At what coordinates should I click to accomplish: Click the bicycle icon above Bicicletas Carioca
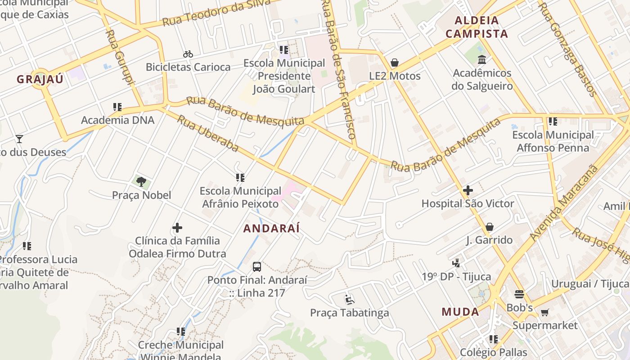point(188,54)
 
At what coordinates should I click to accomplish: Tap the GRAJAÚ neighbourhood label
point(40,79)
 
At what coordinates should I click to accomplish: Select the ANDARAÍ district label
point(271,228)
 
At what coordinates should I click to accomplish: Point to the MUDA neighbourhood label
point(460,311)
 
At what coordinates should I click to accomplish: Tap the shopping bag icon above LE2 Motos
point(395,63)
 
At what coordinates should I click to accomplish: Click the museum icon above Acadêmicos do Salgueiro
point(482,59)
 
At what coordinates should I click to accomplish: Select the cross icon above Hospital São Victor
point(468,190)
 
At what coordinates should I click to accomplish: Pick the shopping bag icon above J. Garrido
point(489,227)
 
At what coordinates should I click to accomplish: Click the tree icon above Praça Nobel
point(141,182)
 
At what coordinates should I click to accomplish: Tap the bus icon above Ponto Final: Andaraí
point(257,267)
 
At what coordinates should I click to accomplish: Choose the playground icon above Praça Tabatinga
point(350,299)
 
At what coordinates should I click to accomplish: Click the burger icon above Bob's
point(520,295)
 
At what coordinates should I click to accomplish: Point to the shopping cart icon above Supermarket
point(545,312)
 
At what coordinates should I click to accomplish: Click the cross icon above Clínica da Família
point(177,228)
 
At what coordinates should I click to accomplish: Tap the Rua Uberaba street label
point(207,133)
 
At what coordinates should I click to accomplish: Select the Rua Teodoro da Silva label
point(216,13)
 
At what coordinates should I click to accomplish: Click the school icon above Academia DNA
point(117,107)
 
